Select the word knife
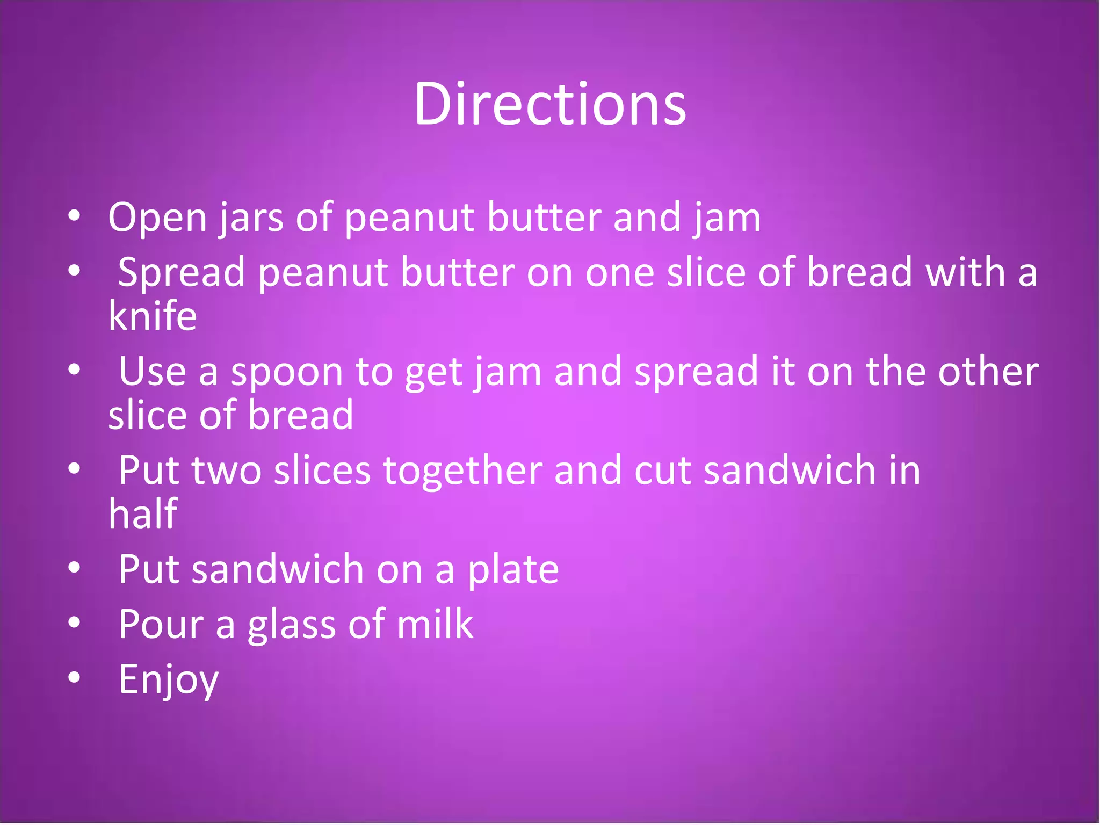[x=153, y=316]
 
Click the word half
[x=143, y=513]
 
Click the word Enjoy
[x=169, y=680]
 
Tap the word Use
[x=152, y=371]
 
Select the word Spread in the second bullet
[x=182, y=273]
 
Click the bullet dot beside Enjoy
[x=75, y=677]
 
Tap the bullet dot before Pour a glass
[x=75, y=622]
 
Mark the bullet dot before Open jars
[x=75, y=216]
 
